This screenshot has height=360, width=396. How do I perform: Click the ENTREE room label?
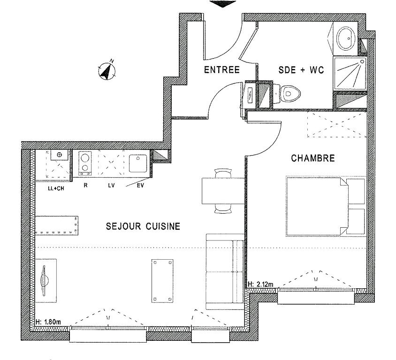pos(221,70)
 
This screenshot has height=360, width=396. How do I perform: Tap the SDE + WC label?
pos(301,70)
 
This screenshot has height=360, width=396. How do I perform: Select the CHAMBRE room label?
pos(313,158)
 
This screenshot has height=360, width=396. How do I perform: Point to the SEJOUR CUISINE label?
pos(143,226)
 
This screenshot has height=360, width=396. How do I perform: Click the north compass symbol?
pos(107,70)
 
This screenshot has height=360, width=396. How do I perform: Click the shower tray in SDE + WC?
pos(350,74)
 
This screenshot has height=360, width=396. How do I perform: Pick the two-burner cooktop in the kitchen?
pos(85,163)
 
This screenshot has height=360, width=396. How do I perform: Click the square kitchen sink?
pos(138,164)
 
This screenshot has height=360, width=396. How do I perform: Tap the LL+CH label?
pos(56,188)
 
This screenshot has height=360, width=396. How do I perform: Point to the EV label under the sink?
pos(140,186)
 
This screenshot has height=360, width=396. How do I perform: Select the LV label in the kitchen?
pos(111,186)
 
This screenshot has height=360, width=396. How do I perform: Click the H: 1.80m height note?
pos(48,322)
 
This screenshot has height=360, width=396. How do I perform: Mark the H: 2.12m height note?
pos(260,285)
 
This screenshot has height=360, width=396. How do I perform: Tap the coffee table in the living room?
pos(162,281)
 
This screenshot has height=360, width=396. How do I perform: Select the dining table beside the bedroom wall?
pos(223,191)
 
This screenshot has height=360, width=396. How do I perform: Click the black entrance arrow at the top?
pos(222,4)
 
